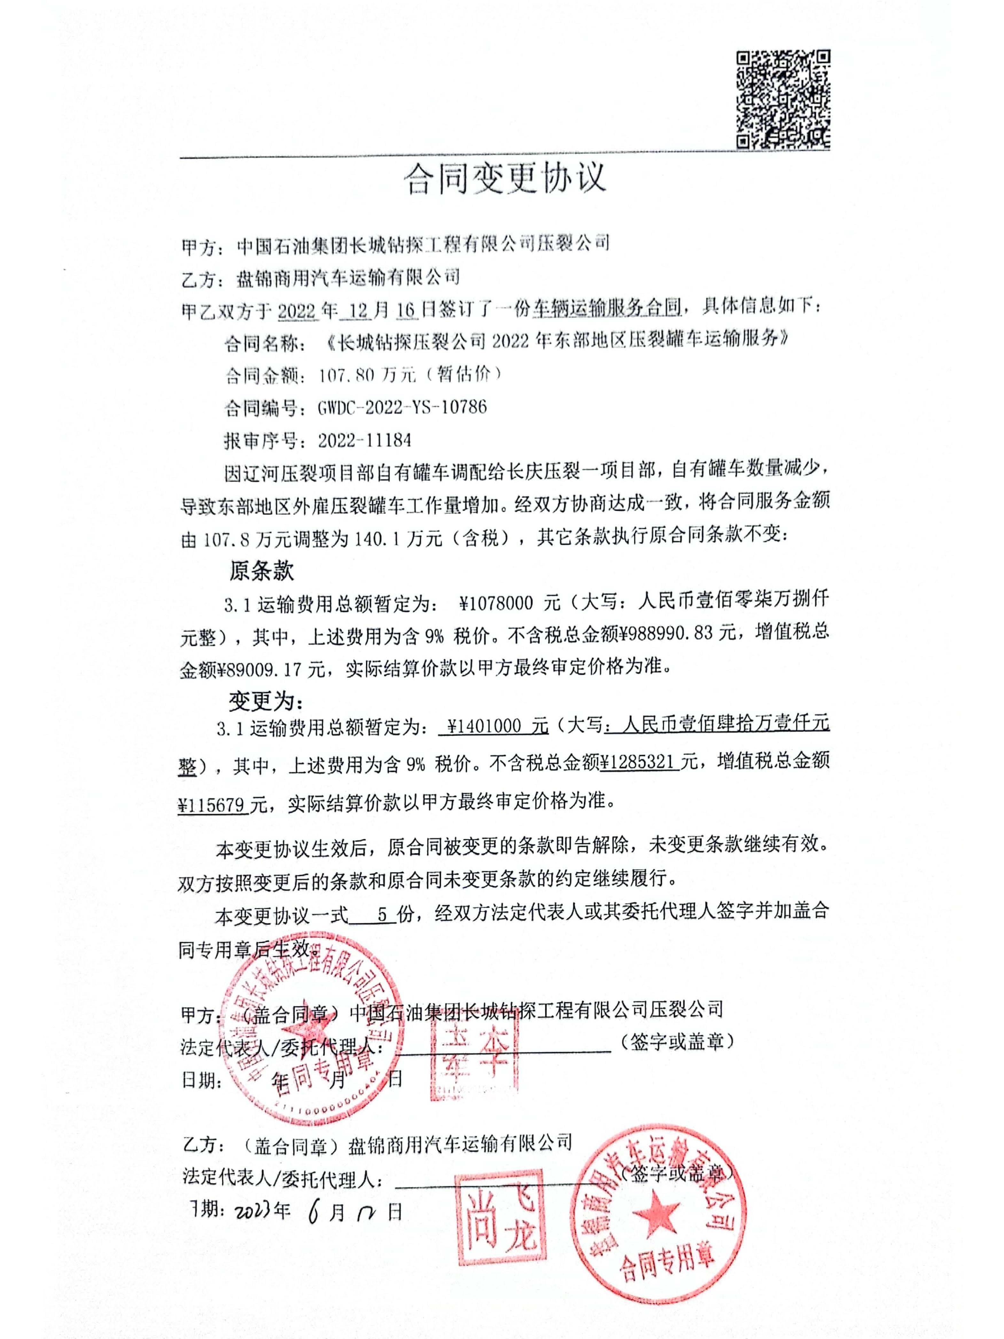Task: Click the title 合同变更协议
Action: (x=504, y=178)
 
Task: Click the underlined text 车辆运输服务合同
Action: (x=606, y=308)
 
